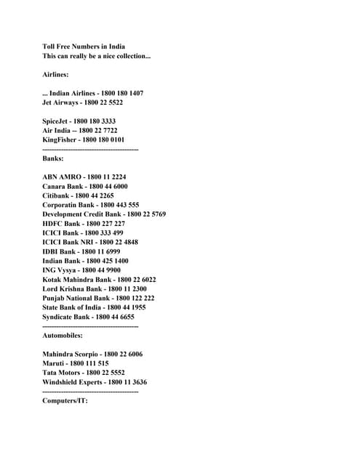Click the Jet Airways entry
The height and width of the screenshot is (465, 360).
point(82,102)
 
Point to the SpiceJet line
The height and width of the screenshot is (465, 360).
point(79,121)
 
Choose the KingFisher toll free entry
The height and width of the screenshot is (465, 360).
point(83,139)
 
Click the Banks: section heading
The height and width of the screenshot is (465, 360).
point(53,158)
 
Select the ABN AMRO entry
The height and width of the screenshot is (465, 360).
point(84,177)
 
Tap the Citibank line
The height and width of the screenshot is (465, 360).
point(78,195)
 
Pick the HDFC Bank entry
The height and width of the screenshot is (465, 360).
point(83,224)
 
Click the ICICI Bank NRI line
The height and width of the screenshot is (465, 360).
point(90,242)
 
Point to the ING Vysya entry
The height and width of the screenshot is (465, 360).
point(81,270)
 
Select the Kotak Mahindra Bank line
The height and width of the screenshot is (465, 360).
point(99,280)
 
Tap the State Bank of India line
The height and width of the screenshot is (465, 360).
point(94,307)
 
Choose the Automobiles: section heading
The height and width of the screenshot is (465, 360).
point(63,336)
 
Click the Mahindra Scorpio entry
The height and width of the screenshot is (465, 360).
point(92,355)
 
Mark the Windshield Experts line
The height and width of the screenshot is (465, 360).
point(95,382)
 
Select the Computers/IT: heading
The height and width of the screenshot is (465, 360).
point(65,401)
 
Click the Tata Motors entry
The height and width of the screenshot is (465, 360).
point(83,373)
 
